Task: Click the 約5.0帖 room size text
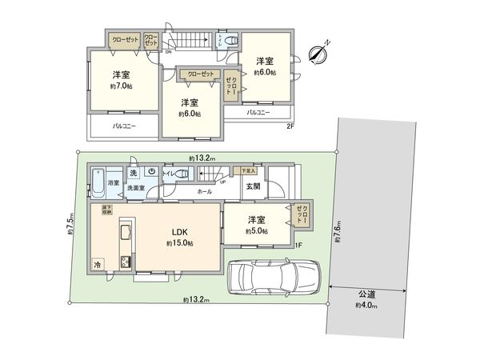tap(255, 230)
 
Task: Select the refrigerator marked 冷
tap(98, 265)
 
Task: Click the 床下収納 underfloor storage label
tap(105, 210)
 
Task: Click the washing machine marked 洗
tap(133, 173)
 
